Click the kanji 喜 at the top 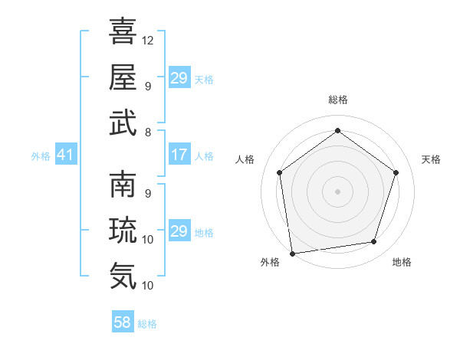123,32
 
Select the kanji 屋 123,77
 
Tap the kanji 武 123,123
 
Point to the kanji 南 123,185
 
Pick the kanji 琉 123,230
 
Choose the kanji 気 123,275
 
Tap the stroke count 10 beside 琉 148,240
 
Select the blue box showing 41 66,155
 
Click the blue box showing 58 123,323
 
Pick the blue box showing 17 179,155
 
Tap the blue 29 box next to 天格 179,79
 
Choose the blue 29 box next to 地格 179,232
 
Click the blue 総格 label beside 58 147,324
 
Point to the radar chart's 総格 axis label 337,100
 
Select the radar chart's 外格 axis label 270,262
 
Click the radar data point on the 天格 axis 396,172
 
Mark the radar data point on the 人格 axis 279,172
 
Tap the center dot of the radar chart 337,191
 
